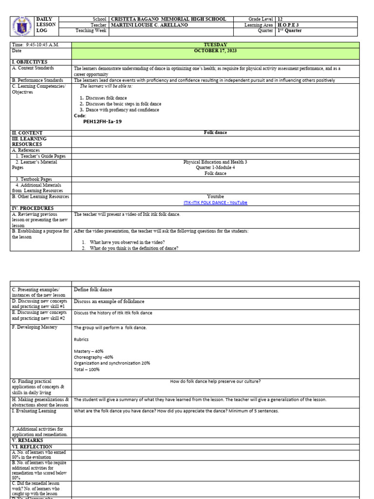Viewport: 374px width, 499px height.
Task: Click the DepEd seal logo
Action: pyautogui.click(x=22, y=25)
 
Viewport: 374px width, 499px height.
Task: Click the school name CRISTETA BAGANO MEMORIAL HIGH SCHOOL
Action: pyautogui.click(x=168, y=19)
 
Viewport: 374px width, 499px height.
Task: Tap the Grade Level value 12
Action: pyautogui.click(x=280, y=19)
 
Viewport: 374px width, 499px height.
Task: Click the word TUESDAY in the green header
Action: pyautogui.click(x=215, y=45)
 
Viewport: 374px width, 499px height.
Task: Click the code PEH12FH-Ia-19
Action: pyautogui.click(x=103, y=122)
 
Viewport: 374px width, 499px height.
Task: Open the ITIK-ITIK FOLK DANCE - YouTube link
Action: pyautogui.click(x=215, y=203)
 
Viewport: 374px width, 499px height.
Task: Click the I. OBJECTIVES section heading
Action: pyautogui.click(x=30, y=62)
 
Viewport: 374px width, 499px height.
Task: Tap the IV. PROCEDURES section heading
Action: pyautogui.click(x=32, y=208)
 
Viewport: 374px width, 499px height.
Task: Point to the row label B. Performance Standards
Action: pyautogui.click(x=38, y=80)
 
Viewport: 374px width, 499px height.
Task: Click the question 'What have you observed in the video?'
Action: pyautogui.click(x=127, y=242)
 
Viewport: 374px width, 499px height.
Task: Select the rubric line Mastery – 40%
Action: pyautogui.click(x=89, y=351)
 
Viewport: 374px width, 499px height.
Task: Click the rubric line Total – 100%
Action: pyautogui.click(x=87, y=369)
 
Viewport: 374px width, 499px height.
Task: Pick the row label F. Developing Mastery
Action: pyautogui.click(x=35, y=327)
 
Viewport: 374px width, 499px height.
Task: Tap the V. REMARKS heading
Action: pyautogui.click(x=27, y=441)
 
